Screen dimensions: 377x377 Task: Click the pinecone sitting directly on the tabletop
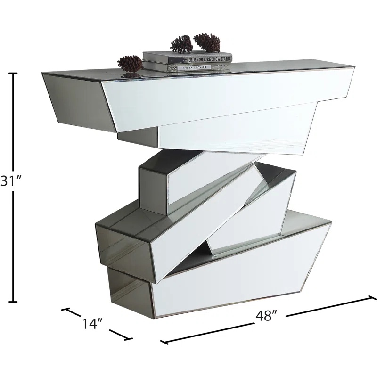pyautogui.click(x=130, y=63)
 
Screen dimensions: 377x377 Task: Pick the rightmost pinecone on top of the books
pyautogui.click(x=207, y=42)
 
